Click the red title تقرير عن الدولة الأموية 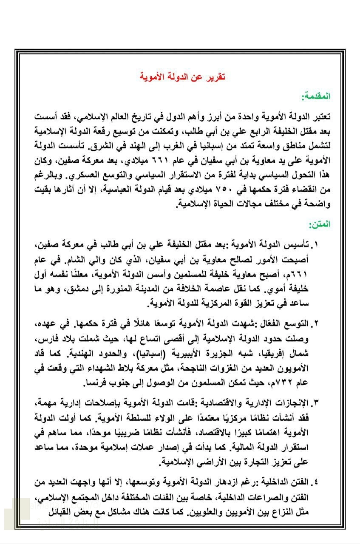[183, 77]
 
